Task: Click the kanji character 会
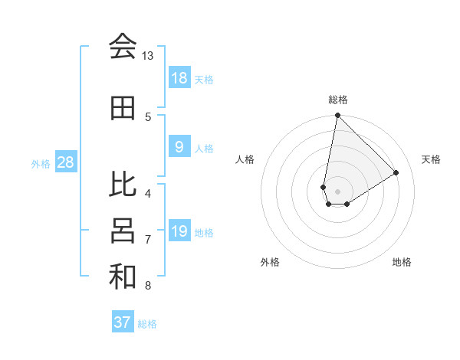pos(123,47)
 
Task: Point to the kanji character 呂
pos(123,231)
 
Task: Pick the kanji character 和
pos(123,277)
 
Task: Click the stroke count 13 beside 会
pos(147,56)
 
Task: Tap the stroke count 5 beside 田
pos(148,116)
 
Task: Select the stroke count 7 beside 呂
pos(148,240)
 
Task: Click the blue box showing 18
pos(179,78)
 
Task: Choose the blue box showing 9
pos(179,147)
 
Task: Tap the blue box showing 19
pos(179,231)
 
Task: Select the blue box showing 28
pos(65,162)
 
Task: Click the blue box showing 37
pos(123,322)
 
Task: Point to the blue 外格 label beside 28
pos(41,163)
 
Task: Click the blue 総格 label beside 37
pos(147,324)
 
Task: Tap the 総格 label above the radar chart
pos(338,100)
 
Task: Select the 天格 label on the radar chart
pos(432,159)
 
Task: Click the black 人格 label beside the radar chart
pos(245,159)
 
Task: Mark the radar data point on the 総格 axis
pos(337,116)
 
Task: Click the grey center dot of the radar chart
pos(337,190)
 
